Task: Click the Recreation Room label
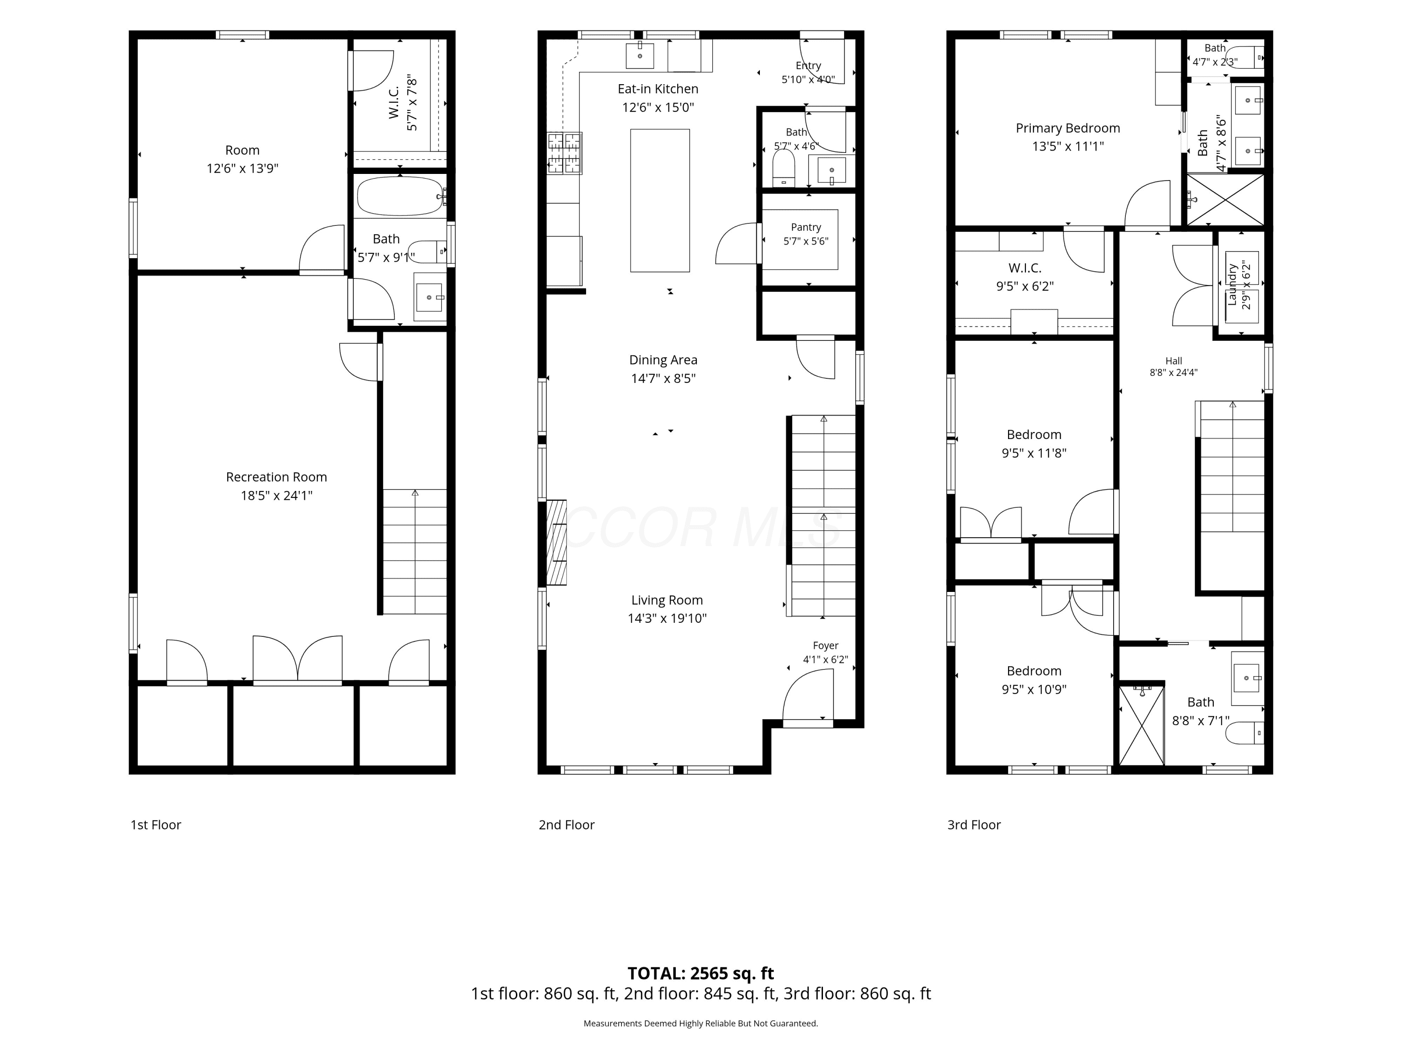276,477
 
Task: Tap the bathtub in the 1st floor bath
400,196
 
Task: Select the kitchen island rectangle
660,201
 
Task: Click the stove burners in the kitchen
565,153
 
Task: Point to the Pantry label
806,227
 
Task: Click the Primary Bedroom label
1068,128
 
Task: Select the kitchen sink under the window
640,55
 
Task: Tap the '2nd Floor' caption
566,825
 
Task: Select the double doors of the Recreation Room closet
298,659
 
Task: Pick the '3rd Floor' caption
974,825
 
